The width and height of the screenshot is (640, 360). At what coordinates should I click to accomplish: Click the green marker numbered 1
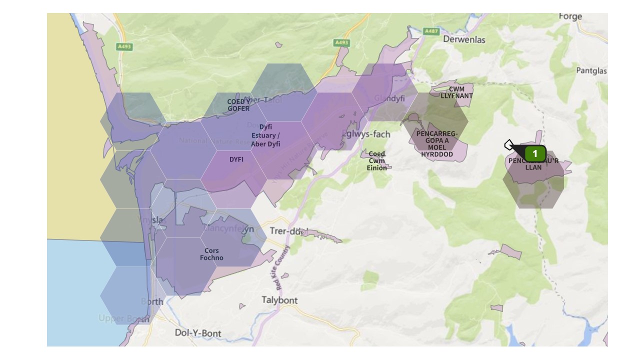click(x=535, y=153)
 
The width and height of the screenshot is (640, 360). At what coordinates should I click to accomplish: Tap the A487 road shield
click(x=431, y=31)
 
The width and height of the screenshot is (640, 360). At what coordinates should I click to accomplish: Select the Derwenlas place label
click(x=464, y=39)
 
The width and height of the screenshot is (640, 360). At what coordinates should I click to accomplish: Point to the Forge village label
click(x=570, y=16)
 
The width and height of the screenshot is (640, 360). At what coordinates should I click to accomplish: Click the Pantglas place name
click(x=591, y=70)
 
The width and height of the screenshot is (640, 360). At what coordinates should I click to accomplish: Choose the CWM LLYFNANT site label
click(x=456, y=92)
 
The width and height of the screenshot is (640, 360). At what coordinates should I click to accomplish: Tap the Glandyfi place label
click(x=389, y=98)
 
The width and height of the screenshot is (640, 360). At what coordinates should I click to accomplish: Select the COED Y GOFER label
click(x=238, y=105)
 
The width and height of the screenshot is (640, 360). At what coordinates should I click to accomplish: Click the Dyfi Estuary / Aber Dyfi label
click(x=265, y=135)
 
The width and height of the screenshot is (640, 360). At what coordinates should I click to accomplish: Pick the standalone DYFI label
click(x=236, y=159)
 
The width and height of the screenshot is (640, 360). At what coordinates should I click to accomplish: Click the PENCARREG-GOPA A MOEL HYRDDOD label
click(x=436, y=144)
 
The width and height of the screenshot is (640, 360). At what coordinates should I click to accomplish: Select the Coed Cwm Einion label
click(x=376, y=161)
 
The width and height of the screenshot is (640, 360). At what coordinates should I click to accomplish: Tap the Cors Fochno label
click(x=211, y=254)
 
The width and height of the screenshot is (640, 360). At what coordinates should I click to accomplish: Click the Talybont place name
click(x=279, y=300)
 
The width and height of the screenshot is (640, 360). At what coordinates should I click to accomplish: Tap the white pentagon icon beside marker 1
click(x=509, y=145)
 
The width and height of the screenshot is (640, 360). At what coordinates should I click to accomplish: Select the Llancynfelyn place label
click(x=228, y=229)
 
